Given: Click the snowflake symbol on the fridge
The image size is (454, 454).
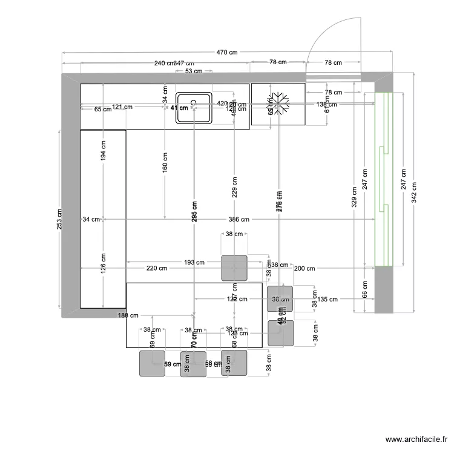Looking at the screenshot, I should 278,104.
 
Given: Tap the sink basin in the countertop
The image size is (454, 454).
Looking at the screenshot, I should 194,108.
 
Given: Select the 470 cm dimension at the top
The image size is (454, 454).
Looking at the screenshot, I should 228,53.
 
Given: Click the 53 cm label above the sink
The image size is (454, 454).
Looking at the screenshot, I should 194,71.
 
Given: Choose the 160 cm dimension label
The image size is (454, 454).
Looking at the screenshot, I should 165,162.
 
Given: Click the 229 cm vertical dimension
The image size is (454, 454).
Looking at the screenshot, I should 235,187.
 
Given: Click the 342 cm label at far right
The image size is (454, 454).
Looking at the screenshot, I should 413,192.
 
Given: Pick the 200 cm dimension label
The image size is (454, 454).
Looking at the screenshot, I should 304,268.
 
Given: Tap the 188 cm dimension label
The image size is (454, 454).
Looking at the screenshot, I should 128,315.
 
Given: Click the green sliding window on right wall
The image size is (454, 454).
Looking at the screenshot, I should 384,179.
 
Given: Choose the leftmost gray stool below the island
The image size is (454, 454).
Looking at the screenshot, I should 152,363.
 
